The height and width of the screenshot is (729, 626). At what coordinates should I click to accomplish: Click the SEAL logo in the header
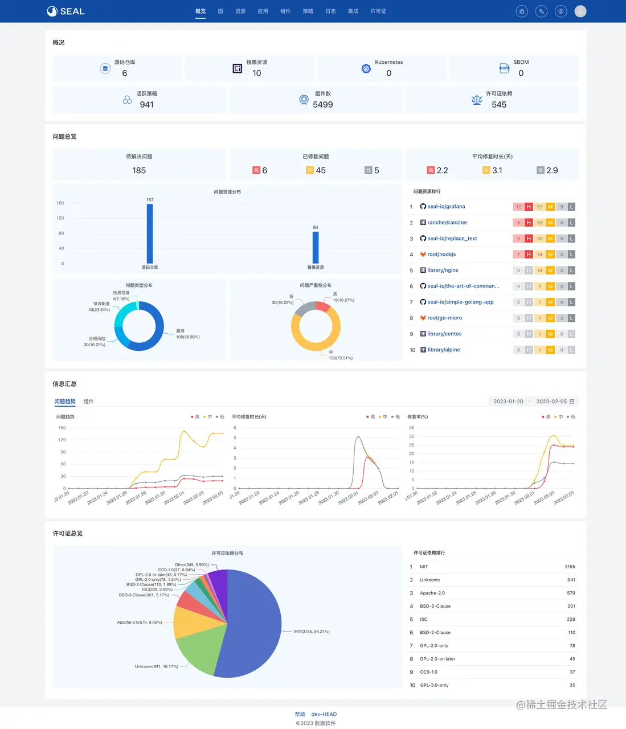point(66,11)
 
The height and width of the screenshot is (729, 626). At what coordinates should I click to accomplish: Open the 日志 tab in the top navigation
point(330,11)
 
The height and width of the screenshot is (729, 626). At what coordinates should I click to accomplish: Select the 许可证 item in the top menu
point(378,11)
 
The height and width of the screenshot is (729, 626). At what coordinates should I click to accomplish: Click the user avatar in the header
point(580,11)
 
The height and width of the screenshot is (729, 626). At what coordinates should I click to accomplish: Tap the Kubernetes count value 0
point(389,73)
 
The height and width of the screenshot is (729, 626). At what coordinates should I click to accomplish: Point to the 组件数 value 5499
point(323,105)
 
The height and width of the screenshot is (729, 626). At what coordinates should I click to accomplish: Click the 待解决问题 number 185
point(139,170)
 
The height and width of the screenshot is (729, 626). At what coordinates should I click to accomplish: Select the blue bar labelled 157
point(150,234)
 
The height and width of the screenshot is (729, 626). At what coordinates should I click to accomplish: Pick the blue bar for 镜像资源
point(316,247)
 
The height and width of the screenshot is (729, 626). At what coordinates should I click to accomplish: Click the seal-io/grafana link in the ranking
point(446,207)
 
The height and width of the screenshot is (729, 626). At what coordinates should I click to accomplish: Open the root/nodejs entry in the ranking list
point(441,255)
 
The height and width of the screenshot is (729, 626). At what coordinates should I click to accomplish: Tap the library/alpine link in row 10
point(444,350)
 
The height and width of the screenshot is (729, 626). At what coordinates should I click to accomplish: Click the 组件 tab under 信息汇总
point(88,402)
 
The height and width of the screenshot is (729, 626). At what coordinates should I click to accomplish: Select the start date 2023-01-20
point(508,402)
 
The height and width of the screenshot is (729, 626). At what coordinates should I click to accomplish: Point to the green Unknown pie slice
point(197,649)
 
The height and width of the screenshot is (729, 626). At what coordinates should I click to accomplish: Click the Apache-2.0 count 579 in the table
point(571,593)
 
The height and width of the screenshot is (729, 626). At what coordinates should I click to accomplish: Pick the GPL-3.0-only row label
point(434,685)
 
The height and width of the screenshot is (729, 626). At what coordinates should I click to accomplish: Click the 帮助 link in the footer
point(300,714)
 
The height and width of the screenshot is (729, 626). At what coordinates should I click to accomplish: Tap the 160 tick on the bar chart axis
point(60,203)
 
